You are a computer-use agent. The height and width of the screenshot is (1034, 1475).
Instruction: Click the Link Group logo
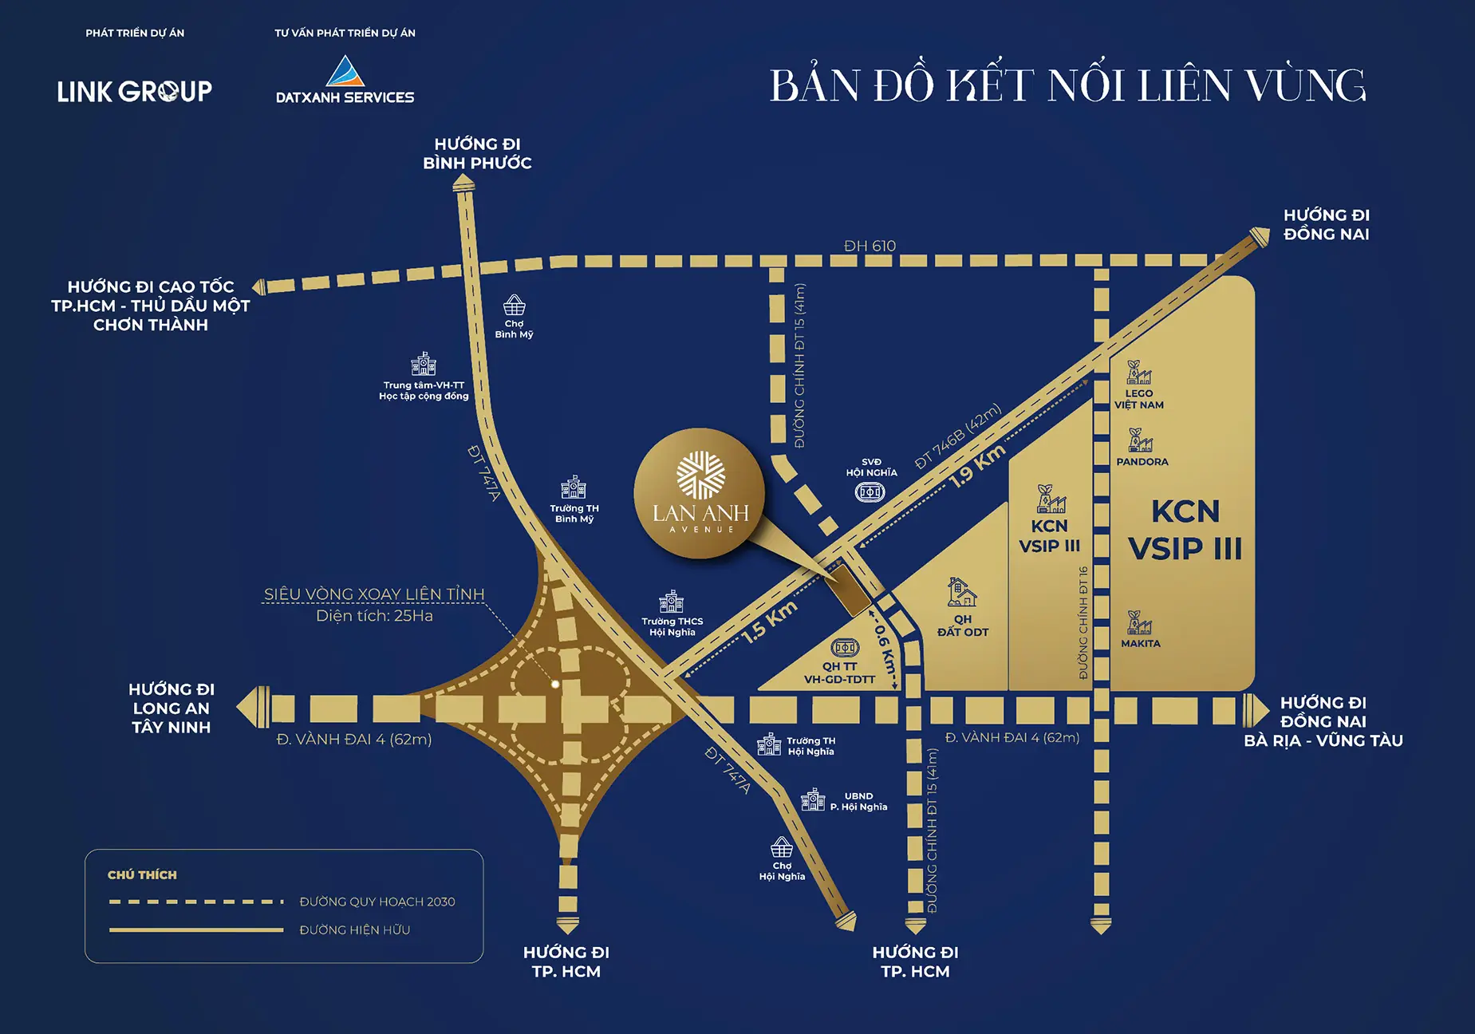coord(134,92)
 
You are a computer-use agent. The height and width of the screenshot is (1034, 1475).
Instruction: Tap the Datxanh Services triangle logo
coord(345,71)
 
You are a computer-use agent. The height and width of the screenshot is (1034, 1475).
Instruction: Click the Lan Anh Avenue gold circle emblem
coord(700,493)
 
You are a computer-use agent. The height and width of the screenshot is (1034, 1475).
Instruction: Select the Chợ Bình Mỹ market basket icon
coord(514,306)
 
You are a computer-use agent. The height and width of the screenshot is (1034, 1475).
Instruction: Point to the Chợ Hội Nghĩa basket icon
coord(782,847)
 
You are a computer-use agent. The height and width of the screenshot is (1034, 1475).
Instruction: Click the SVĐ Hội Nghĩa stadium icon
coord(870,492)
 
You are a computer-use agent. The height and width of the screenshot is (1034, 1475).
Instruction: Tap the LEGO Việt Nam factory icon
coord(1138,373)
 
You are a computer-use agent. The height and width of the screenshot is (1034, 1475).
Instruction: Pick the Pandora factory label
coord(1142,462)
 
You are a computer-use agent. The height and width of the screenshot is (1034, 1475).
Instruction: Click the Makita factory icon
coord(1139,622)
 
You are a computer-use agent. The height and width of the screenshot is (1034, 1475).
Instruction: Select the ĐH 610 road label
coord(870,246)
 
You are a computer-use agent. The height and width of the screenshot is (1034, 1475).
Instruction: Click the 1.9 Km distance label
coord(977,467)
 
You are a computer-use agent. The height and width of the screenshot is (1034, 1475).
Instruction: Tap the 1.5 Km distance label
coord(770,622)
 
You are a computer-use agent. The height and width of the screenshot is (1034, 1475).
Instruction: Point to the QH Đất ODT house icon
coord(961,592)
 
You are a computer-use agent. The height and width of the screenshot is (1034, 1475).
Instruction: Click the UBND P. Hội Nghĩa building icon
coord(813,799)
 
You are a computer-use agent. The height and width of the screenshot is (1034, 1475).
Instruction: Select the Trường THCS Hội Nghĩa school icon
coord(672,602)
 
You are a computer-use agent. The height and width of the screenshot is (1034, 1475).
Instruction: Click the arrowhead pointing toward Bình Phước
coord(463,185)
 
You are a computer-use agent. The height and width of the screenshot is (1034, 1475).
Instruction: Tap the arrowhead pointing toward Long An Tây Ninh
coord(254,707)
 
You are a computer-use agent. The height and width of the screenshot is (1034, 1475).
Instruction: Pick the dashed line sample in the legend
coord(196,902)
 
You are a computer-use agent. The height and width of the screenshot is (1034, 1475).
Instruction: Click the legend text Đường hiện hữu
coord(354,930)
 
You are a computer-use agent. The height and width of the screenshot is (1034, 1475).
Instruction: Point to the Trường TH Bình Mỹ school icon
coord(574,487)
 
